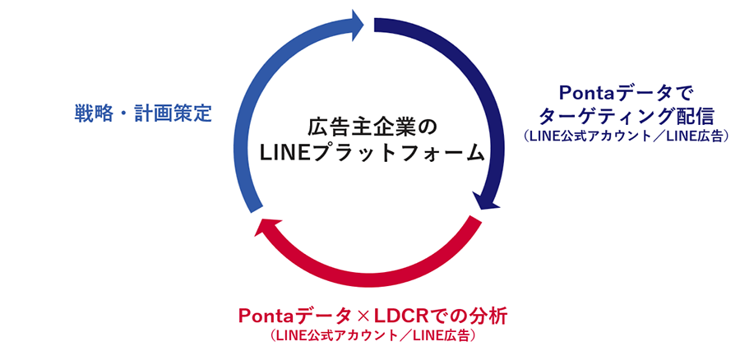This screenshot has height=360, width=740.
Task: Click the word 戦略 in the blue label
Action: pyautogui.click(x=90, y=113)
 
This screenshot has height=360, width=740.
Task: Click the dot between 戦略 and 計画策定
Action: pyautogui.click(x=121, y=113)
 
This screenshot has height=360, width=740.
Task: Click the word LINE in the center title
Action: pyautogui.click(x=282, y=153)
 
